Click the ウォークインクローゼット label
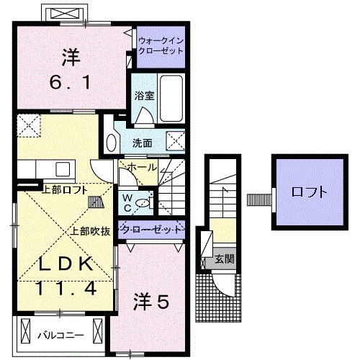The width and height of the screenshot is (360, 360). [161, 47]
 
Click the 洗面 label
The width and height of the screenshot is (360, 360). [142, 143]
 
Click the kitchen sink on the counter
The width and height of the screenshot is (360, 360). [61, 170]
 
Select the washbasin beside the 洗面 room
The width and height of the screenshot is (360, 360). [110, 140]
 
